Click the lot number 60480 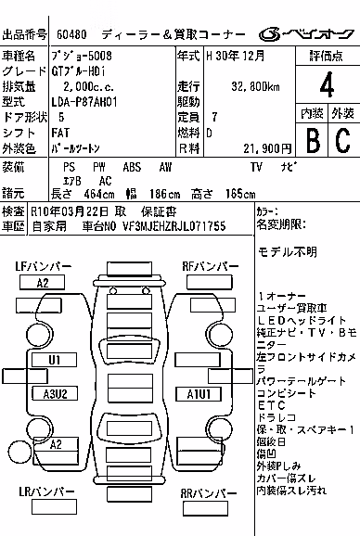click(x=71, y=34)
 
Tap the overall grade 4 click(x=327, y=84)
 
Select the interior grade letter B click(x=313, y=140)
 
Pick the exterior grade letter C click(x=342, y=140)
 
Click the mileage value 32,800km click(x=255, y=86)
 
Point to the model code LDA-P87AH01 click(x=84, y=102)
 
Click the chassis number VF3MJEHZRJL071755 click(x=174, y=226)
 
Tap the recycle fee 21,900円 click(x=267, y=148)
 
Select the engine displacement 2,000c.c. click(x=88, y=86)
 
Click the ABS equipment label click(x=132, y=167)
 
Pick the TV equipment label click(x=256, y=167)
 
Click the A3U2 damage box click(x=55, y=394)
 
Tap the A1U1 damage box click(x=199, y=394)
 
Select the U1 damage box click(x=54, y=360)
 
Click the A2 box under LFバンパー click(x=42, y=283)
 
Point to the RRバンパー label click(x=208, y=493)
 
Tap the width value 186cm click(x=164, y=194)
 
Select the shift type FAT click(x=60, y=133)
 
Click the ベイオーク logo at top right click(x=306, y=34)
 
